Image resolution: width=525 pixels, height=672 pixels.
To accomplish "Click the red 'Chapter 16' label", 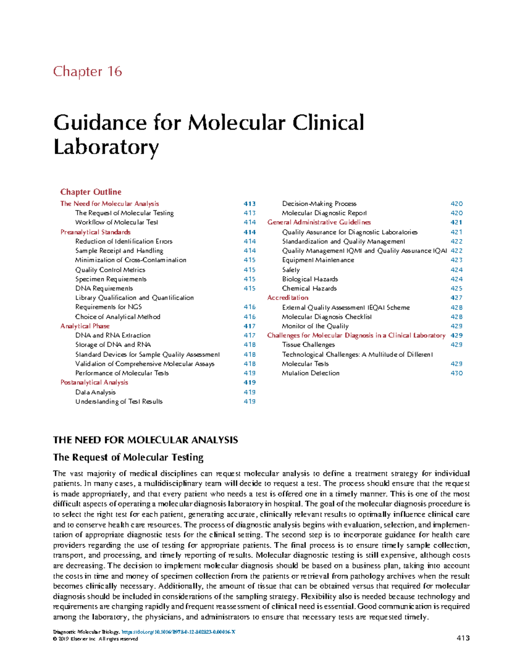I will click(87, 71).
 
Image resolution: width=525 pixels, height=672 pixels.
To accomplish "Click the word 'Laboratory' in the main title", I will click(106, 147).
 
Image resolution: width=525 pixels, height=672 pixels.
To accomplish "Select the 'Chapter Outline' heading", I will click(91, 192).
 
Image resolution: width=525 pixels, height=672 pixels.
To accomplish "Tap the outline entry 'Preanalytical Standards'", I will click(95, 232).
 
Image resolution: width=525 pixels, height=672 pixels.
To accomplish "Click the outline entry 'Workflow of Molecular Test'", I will click(116, 222).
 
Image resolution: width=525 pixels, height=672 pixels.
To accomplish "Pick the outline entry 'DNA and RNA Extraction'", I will click(113, 335).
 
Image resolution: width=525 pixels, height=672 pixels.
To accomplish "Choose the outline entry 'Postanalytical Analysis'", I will click(94, 382).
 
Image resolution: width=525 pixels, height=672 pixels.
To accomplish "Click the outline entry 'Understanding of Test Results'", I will click(119, 401).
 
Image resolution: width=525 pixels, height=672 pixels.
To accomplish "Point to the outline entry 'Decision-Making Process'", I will click(319, 204).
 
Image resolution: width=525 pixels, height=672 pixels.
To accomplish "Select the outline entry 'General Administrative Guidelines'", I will click(319, 222).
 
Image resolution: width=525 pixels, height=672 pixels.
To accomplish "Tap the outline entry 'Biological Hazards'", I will click(310, 279).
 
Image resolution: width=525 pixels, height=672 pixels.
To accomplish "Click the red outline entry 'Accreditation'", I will click(287, 298).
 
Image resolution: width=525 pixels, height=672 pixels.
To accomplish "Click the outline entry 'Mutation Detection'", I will click(311, 373).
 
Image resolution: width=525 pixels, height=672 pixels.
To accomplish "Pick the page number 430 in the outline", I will click(456, 373).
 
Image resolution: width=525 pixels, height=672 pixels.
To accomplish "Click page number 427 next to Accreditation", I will click(456, 298).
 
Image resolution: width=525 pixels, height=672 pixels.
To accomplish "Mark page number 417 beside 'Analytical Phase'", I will click(249, 326).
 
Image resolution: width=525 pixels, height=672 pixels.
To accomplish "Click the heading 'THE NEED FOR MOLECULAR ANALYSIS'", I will click(145, 440).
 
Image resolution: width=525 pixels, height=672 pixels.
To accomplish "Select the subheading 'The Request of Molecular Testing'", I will click(128, 457).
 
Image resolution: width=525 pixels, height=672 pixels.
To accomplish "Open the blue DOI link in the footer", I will click(178, 632).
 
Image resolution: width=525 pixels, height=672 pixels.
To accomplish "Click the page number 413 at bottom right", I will click(463, 638).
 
